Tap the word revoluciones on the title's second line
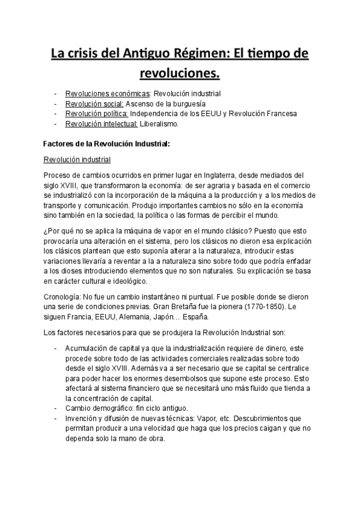click(x=179, y=74)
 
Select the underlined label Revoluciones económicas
click(x=108, y=94)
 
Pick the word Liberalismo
click(x=159, y=124)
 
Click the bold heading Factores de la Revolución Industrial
click(x=107, y=144)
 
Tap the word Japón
click(x=180, y=317)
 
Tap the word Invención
click(x=82, y=418)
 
